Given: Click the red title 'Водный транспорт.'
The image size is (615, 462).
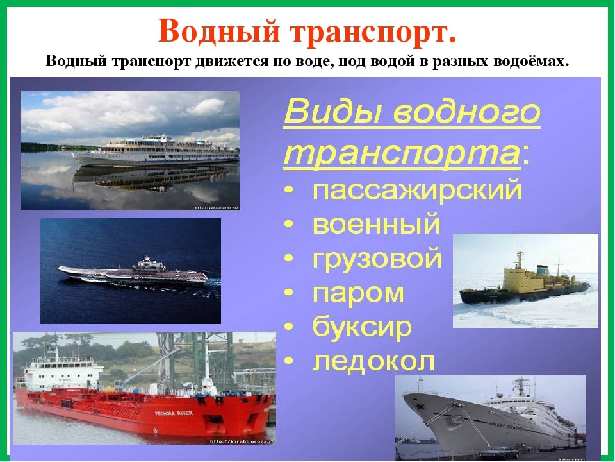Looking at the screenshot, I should click(307, 30).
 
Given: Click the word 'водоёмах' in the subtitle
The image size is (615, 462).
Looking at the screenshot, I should click(536, 62).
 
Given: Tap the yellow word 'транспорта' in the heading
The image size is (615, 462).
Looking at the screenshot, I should click(400, 153).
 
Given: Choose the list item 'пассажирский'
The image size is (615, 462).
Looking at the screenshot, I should click(417, 192).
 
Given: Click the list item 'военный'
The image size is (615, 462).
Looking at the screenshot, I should click(377, 225).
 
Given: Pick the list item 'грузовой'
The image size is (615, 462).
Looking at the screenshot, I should click(377, 260).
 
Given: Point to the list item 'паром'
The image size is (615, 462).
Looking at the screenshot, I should click(358, 293).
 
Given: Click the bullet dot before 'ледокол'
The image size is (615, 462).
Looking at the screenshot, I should click(291, 363).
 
